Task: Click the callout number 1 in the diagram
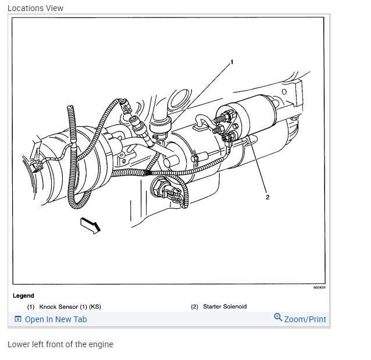pos(231,62)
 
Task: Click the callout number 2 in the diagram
pos(267,197)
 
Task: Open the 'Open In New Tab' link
pos(56,319)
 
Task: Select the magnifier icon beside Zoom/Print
pos(278,318)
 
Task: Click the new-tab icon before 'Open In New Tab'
pos(17,319)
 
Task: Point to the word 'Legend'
pos(23,295)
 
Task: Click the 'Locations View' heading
pos(35,8)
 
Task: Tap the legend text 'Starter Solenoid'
pos(225,306)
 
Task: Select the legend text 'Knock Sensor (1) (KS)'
pos(70,306)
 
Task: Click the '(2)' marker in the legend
pos(195,306)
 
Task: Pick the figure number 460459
pos(319,287)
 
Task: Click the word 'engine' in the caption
pos(101,344)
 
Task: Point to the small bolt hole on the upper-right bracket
pos(284,92)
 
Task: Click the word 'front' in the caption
pos(55,344)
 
